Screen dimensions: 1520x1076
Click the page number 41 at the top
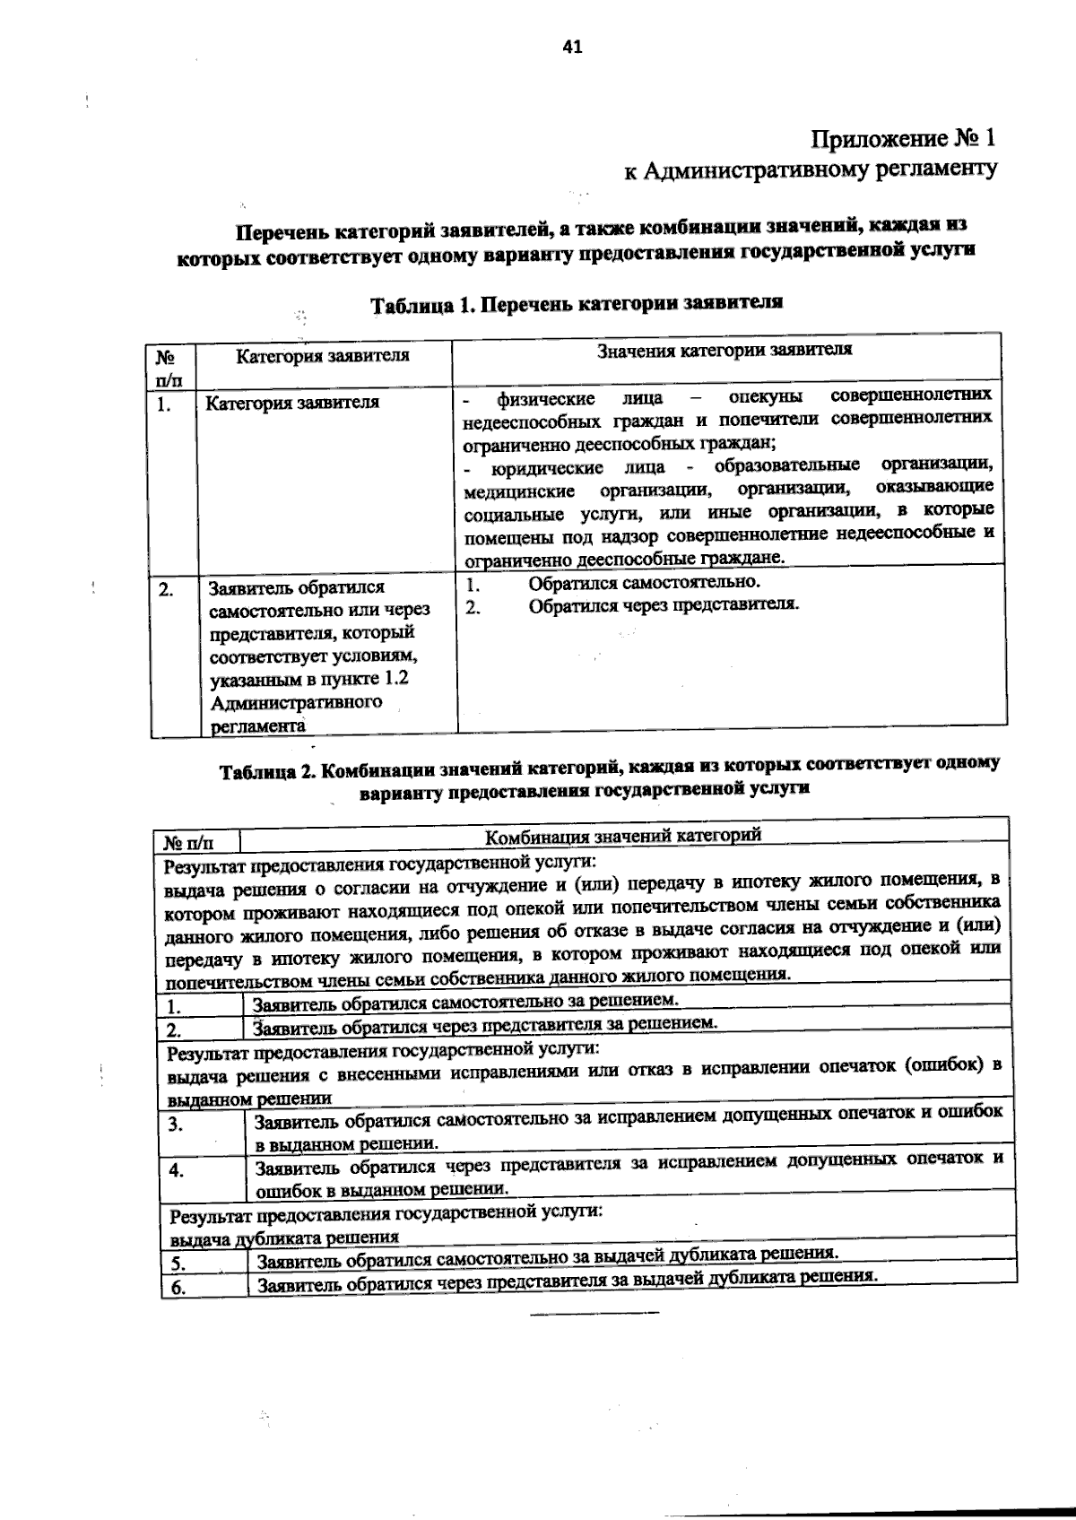coord(572,48)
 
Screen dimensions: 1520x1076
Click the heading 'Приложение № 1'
coord(903,139)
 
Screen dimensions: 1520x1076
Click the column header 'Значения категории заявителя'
coord(725,350)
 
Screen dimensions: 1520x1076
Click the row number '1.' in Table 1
coord(163,404)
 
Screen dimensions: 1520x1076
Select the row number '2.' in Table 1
coord(166,589)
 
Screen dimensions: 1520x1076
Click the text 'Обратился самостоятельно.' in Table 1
coord(644,582)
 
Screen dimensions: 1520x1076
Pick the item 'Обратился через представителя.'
coord(664,604)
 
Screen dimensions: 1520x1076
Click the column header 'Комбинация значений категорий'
coord(622,837)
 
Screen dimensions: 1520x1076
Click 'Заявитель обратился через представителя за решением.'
coord(485,1023)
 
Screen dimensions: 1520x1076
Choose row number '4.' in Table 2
coord(177,1170)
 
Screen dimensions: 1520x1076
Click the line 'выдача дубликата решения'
coord(284,1238)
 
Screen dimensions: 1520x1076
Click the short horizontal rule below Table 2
coord(594,1314)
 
